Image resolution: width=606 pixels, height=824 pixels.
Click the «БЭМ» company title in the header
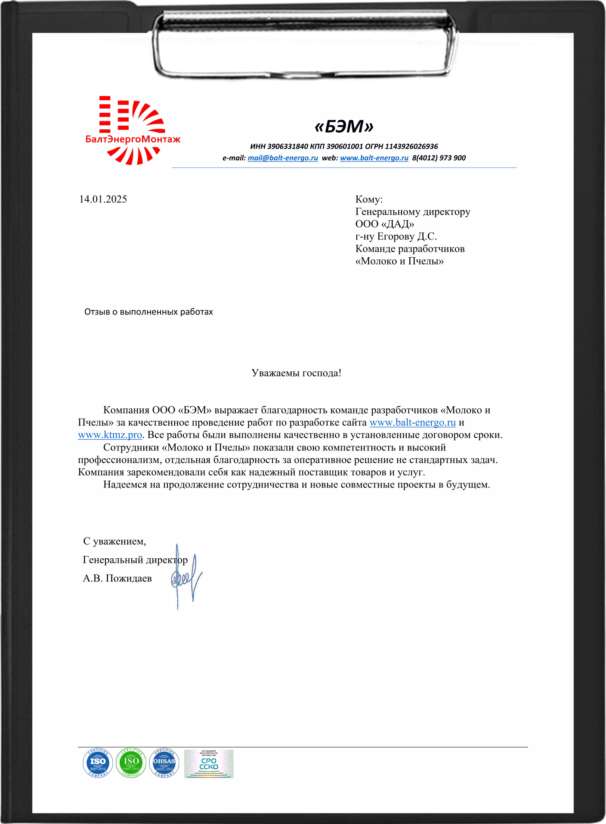pos(344,127)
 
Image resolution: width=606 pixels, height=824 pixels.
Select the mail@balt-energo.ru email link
pos(283,158)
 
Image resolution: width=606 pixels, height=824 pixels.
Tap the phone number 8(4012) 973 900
pos(439,158)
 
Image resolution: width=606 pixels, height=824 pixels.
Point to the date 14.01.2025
pos(103,199)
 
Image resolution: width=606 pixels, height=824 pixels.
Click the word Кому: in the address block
pos(369,199)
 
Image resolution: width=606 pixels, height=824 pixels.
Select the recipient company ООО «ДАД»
pos(384,224)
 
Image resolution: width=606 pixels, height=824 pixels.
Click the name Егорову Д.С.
pos(407,236)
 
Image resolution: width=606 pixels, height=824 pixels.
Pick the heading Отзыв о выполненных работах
pos(148,312)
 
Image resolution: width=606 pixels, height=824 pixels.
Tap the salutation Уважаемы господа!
pos(296,373)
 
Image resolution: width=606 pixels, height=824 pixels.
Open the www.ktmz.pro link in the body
pos(110,435)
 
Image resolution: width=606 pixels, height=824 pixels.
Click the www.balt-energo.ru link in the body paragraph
pos(412,423)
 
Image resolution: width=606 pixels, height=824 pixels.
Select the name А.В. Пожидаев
pos(117,578)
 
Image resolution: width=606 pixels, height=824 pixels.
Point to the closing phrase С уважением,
pos(114,541)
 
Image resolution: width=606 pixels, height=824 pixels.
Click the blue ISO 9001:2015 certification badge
pos(98,763)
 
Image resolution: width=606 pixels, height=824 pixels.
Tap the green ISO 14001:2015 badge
pos(131,763)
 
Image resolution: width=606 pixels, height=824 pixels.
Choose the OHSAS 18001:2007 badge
pos(164,763)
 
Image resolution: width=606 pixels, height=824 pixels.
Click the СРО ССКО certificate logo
pos(209,764)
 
